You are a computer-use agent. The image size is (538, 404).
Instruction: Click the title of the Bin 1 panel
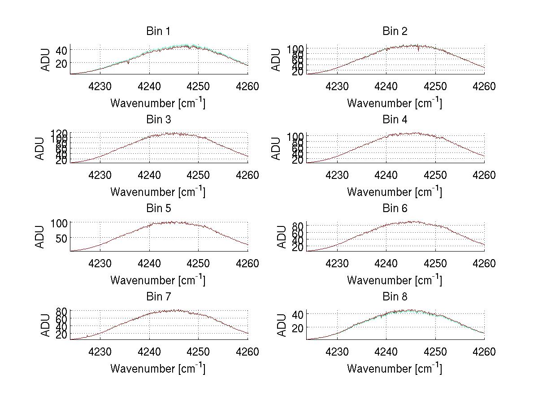point(158,31)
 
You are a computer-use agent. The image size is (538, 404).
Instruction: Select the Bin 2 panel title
point(395,31)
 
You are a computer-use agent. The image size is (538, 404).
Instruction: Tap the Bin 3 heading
point(158,120)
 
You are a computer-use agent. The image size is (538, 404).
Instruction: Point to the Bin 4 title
point(395,120)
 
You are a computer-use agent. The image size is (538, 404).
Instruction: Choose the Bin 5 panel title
point(158,209)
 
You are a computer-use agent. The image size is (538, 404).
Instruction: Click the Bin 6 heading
point(395,209)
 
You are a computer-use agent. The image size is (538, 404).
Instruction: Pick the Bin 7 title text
point(158,297)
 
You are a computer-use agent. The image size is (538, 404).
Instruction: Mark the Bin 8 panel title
point(395,297)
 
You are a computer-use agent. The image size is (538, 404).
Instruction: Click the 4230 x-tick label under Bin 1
point(100,86)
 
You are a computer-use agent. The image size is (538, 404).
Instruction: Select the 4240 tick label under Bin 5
point(149,263)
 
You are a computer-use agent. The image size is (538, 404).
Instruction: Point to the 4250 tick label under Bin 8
point(435,352)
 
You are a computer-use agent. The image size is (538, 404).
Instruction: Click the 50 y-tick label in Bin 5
point(61,238)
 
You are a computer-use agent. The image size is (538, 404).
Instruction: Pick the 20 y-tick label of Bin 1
point(61,63)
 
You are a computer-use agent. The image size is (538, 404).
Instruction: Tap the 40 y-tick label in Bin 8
point(298,314)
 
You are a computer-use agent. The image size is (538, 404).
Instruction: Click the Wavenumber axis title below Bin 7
point(158,368)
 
